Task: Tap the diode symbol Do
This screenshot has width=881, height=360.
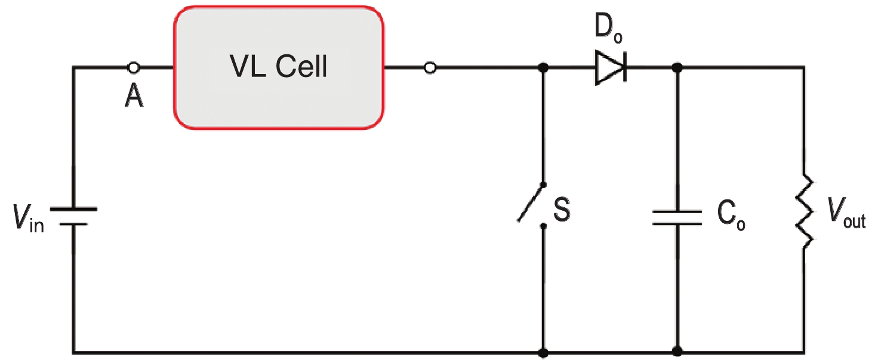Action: (x=609, y=67)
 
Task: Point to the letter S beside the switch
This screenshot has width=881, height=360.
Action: (x=562, y=210)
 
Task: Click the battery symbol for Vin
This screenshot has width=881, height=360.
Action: (x=73, y=216)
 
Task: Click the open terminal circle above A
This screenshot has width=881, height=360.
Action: (x=134, y=67)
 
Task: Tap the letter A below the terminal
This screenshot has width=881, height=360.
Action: (x=134, y=96)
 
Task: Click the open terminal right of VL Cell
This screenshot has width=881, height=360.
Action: (x=430, y=67)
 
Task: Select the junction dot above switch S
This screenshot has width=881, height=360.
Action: (x=543, y=67)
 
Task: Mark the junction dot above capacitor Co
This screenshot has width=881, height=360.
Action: (x=677, y=67)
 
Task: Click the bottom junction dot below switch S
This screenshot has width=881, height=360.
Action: (x=543, y=352)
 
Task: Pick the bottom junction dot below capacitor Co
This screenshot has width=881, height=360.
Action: (x=677, y=352)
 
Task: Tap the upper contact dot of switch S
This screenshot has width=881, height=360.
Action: (x=543, y=185)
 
